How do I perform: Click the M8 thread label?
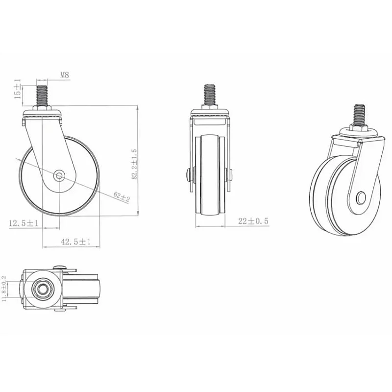(x=65, y=75)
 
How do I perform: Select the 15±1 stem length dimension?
(x=18, y=89)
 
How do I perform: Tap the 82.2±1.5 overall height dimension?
(x=134, y=164)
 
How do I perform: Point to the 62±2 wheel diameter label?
(x=122, y=197)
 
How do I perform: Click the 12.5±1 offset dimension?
(x=24, y=223)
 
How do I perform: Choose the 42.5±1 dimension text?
(x=75, y=242)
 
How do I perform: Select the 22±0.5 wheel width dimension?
(x=253, y=221)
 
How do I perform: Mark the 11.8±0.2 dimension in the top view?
(x=4, y=289)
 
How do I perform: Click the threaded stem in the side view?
(x=42, y=95)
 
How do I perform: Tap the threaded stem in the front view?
(x=210, y=95)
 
